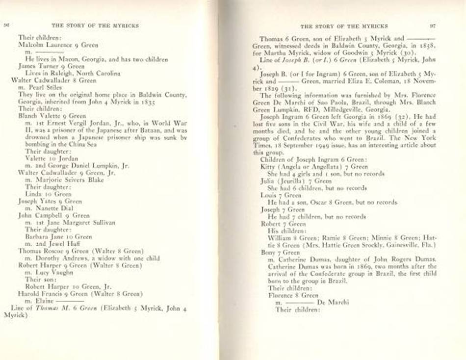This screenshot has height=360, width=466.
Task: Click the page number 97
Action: pyautogui.click(x=432, y=25)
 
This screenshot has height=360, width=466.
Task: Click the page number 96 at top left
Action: pyautogui.click(x=7, y=25)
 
